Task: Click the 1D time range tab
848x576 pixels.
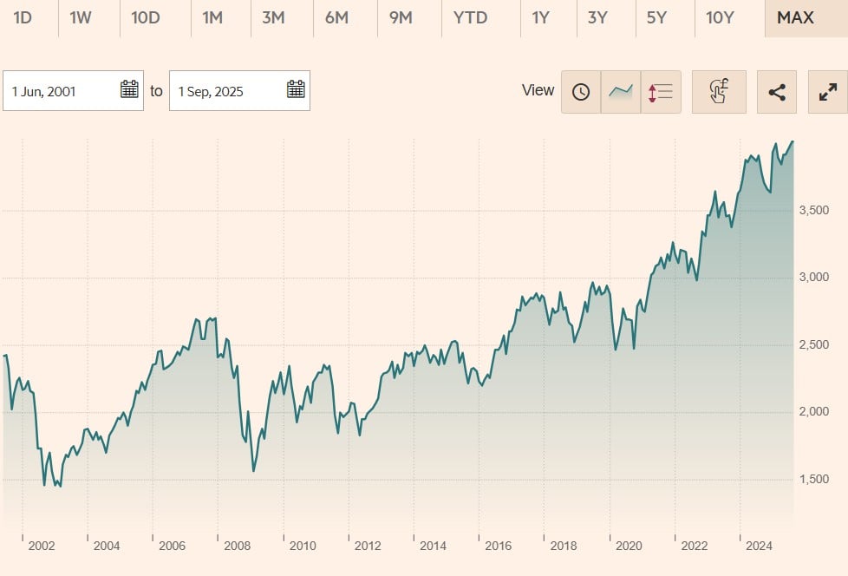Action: pos(23,17)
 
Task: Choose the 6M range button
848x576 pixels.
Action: pos(336,17)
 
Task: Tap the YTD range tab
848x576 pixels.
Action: pos(470,17)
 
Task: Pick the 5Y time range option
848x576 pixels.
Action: pos(656,17)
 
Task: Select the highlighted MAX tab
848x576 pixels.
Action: pos(795,17)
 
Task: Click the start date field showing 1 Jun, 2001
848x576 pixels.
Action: pos(61,91)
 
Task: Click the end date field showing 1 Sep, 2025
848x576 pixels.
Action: pos(227,91)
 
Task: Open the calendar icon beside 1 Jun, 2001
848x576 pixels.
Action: pos(129,89)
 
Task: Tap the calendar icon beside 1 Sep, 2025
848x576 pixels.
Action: pos(296,89)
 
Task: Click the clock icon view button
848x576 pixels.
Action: pos(581,92)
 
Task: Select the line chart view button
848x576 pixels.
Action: pos(621,92)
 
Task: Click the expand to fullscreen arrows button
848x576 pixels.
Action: pos(827,92)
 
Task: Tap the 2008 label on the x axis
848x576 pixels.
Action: pos(238,546)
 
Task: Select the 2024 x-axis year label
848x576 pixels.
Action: pos(760,546)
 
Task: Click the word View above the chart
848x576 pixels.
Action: pos(538,90)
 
